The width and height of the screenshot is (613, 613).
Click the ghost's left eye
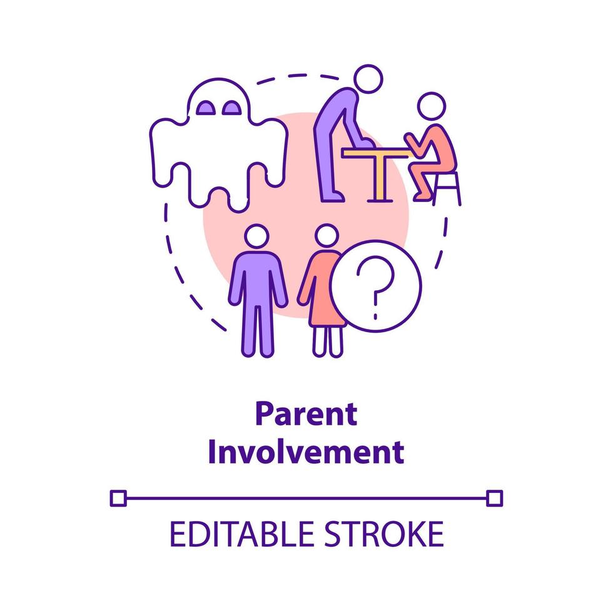[206, 108]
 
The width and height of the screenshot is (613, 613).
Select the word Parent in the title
[306, 414]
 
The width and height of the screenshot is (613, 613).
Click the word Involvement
[306, 452]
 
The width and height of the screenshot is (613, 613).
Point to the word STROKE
[388, 535]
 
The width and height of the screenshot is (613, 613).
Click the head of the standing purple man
[256, 238]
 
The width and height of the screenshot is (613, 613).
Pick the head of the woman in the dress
[326, 238]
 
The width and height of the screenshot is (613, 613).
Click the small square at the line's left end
[118, 498]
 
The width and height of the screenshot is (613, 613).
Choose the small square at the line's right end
[494, 498]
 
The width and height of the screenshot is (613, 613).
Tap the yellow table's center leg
[376, 178]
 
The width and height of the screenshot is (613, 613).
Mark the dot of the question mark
[375, 307]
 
